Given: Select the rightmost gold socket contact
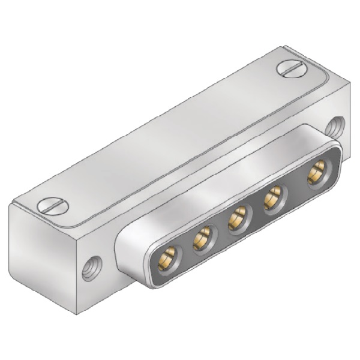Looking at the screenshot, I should (x=316, y=173).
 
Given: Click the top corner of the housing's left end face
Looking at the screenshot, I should (x=11, y=206).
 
